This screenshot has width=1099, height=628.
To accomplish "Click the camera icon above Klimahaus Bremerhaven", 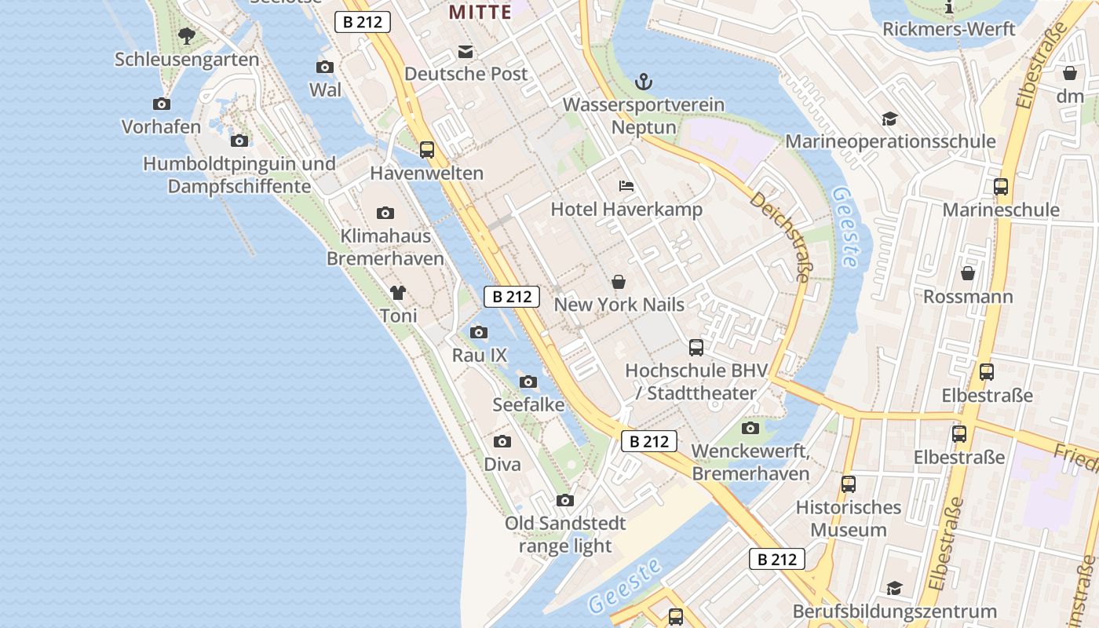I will pyautogui.click(x=385, y=213).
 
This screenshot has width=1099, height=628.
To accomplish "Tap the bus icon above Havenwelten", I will pyautogui.click(x=427, y=149).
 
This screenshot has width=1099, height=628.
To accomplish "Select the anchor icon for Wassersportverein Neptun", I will pyautogui.click(x=644, y=81).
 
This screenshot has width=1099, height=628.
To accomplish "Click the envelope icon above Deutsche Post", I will pyautogui.click(x=466, y=52).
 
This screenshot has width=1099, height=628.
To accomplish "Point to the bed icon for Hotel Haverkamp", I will pyautogui.click(x=626, y=186).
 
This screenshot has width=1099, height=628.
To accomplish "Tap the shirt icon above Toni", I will pyautogui.click(x=398, y=293).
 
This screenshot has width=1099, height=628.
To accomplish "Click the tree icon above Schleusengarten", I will pyautogui.click(x=186, y=35).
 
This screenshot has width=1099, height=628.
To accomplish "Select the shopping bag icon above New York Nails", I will pyautogui.click(x=619, y=282).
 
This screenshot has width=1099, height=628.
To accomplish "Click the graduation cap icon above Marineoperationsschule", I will pyautogui.click(x=889, y=119).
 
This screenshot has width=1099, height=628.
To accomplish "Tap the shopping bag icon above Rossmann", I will pyautogui.click(x=968, y=273).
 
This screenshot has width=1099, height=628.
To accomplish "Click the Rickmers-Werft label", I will pyautogui.click(x=949, y=29).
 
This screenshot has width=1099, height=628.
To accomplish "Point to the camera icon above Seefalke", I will pyautogui.click(x=528, y=382).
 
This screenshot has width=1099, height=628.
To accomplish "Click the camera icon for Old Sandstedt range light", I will pyautogui.click(x=564, y=500).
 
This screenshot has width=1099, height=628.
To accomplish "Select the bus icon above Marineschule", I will pyautogui.click(x=1001, y=187).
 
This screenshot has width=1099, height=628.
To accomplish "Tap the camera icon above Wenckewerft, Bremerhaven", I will pyautogui.click(x=750, y=428).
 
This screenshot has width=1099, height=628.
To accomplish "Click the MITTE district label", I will pyautogui.click(x=479, y=12).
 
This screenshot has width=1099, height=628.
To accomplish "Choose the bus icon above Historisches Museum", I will pyautogui.click(x=849, y=484).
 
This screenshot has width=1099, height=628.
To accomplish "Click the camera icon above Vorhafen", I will pyautogui.click(x=162, y=104).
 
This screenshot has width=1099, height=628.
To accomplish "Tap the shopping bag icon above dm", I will pyautogui.click(x=1070, y=73).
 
